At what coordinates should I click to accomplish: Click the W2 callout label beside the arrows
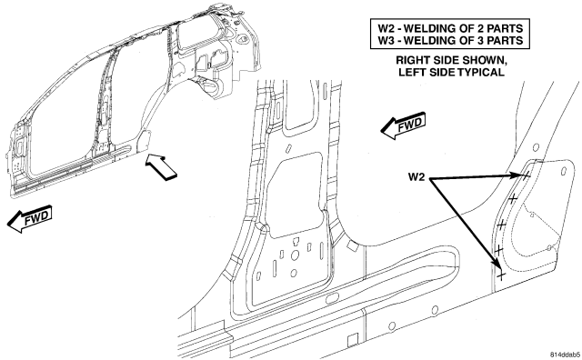pyautogui.click(x=416, y=177)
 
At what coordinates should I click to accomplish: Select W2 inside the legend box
pyautogui.click(x=386, y=28)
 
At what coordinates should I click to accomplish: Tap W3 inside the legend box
pyautogui.click(x=386, y=40)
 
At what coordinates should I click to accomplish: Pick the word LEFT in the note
pyautogui.click(x=411, y=72)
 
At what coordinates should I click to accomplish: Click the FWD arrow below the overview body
pyautogui.click(x=29, y=219)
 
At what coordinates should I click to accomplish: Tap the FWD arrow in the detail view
pyautogui.click(x=403, y=125)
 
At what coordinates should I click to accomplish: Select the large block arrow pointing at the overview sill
pyautogui.click(x=160, y=167)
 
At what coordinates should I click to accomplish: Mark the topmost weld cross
pyautogui.click(x=526, y=175)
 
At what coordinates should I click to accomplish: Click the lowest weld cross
pyautogui.click(x=501, y=275)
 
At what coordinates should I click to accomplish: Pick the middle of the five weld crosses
pyautogui.click(x=501, y=225)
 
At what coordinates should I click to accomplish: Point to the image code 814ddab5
pyautogui.click(x=565, y=354)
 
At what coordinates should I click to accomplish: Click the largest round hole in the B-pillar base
pyautogui.click(x=295, y=255)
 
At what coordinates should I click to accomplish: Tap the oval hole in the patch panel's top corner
pyautogui.click(x=564, y=172)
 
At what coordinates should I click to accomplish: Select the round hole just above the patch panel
pyautogui.click(x=536, y=147)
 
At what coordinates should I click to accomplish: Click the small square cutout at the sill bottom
pyautogui.click(x=352, y=340)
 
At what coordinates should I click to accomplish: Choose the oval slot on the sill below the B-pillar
pyautogui.click(x=333, y=297)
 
